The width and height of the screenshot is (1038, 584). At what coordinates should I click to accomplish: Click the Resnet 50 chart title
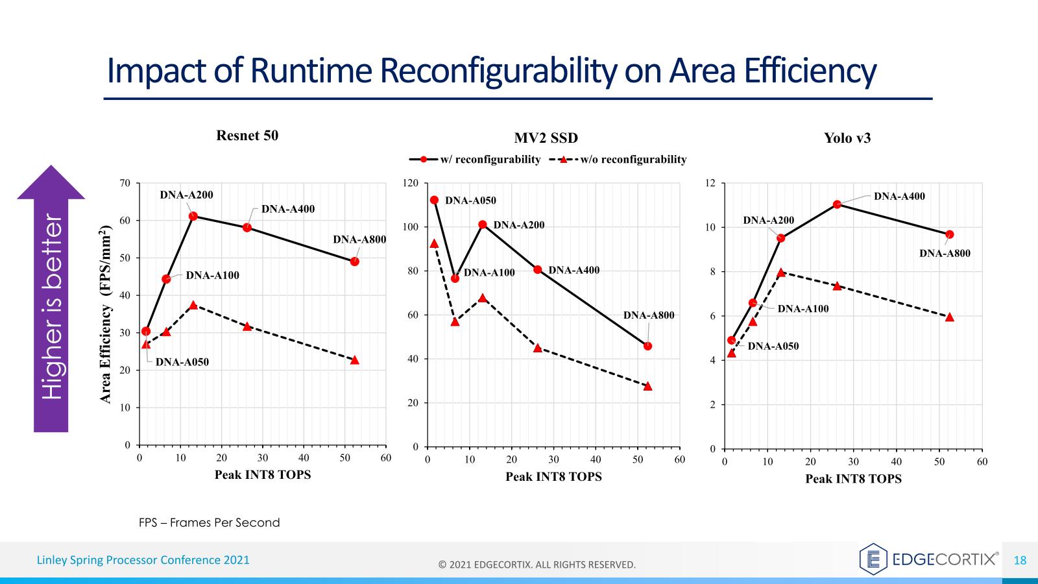(x=247, y=136)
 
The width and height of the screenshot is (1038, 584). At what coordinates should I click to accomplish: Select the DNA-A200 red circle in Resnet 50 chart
(x=193, y=216)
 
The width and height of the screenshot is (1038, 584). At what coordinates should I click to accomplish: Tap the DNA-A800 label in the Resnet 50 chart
(x=359, y=239)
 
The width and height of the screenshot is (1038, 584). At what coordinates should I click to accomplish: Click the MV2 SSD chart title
(x=546, y=138)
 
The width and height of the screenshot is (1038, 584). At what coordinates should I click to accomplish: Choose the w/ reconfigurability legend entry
(x=475, y=160)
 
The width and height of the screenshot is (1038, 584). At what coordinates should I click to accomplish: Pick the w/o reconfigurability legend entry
(x=618, y=160)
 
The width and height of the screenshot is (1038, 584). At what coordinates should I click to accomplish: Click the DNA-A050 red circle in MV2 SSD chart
(x=434, y=200)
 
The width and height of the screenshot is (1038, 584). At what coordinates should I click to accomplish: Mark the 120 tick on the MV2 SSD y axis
(x=411, y=183)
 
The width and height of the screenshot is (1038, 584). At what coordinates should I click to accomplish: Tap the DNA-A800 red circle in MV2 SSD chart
(x=647, y=346)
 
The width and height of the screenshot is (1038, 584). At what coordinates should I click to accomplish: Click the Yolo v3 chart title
(x=847, y=138)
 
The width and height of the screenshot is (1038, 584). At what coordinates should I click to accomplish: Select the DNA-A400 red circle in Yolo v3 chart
(x=837, y=204)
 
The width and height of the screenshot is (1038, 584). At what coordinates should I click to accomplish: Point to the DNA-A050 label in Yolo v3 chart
(x=773, y=346)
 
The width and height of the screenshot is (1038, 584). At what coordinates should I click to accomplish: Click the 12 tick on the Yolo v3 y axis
(x=710, y=183)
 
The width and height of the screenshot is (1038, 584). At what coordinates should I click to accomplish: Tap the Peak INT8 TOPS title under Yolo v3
(x=853, y=479)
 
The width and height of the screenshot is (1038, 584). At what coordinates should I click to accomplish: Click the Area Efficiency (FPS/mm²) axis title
(x=106, y=314)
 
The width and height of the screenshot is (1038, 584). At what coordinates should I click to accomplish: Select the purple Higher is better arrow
(x=51, y=298)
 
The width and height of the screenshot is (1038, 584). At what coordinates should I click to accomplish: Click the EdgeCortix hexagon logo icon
(x=873, y=559)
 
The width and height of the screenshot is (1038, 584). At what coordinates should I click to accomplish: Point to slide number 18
(x=1020, y=560)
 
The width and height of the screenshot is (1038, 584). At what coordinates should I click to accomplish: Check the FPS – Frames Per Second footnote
(x=210, y=522)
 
